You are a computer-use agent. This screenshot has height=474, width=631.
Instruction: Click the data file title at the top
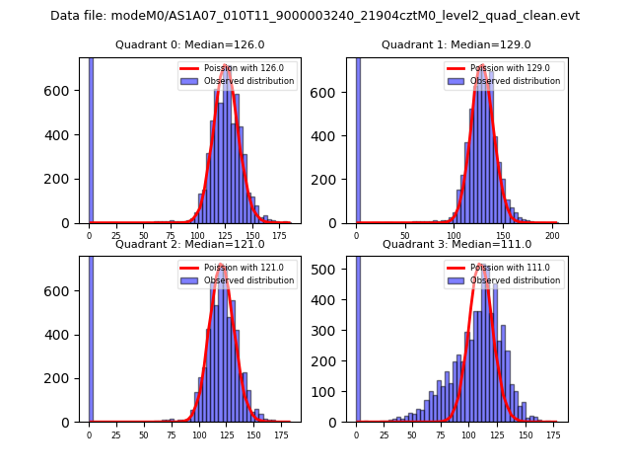[x=315, y=16]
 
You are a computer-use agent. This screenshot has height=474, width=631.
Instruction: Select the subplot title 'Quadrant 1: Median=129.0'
[x=456, y=44]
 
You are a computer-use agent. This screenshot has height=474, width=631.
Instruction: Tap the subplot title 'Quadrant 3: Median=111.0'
[x=456, y=244]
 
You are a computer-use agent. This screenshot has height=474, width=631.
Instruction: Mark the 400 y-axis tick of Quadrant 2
[x=64, y=334]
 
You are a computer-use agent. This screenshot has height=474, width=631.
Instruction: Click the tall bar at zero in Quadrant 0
[x=91, y=138]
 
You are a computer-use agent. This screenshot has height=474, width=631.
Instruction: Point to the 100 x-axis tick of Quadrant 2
[x=199, y=434]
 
